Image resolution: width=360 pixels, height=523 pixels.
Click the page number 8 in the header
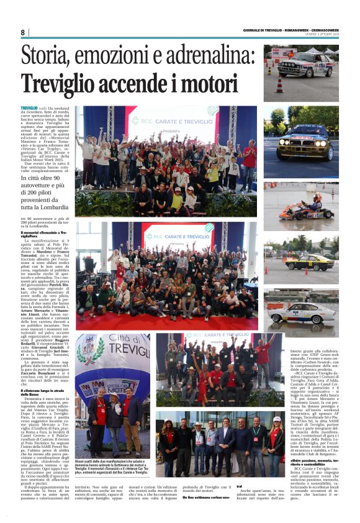coord(23,32)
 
